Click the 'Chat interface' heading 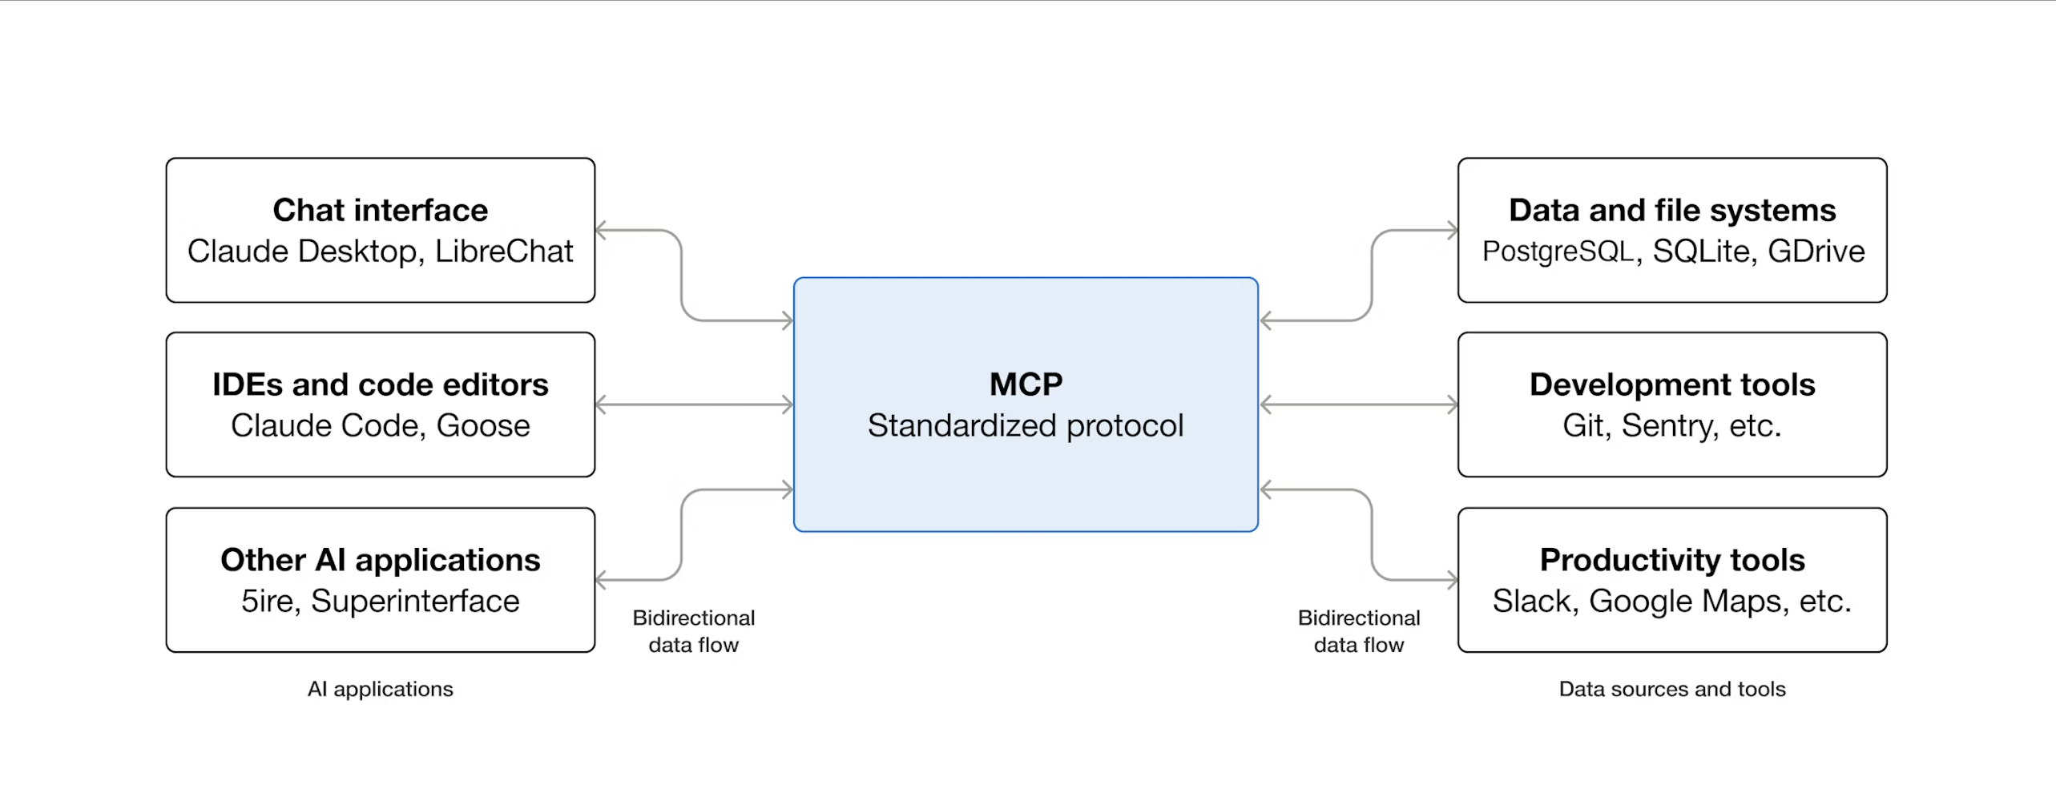380,210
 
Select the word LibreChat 504,252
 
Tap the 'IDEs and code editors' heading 380,384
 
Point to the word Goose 483,426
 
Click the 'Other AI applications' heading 380,560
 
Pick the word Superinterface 415,601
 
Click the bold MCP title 1026,384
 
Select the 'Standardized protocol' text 1026,426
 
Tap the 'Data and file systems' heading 1672,210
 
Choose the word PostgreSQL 1558,252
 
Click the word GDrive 1816,252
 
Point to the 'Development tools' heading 1672,384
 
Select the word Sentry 1670,426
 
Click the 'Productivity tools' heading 1672,560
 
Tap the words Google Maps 1688,601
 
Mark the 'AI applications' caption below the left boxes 380,689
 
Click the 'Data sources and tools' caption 1672,689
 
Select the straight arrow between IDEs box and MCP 694,405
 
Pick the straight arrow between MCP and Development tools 1359,405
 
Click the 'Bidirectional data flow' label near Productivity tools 1359,631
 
